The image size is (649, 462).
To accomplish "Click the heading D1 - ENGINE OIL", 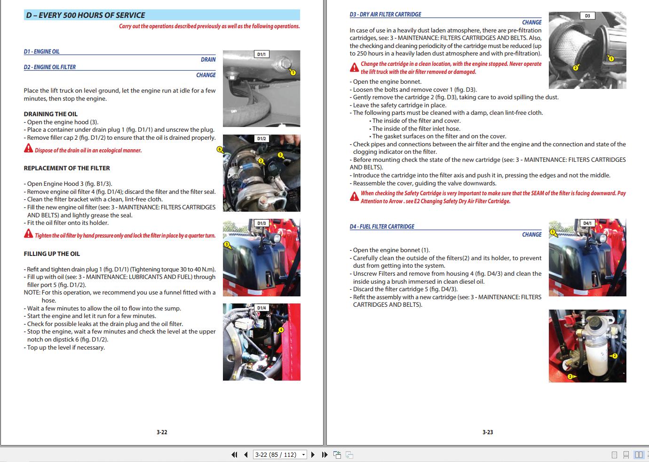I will click(42, 51).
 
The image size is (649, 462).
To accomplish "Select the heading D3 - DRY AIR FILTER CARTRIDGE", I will click(385, 15).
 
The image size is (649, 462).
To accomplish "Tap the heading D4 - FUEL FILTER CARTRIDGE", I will click(382, 226).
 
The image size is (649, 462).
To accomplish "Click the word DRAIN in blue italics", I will click(208, 59).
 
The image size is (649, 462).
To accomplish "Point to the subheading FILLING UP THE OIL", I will click(52, 254).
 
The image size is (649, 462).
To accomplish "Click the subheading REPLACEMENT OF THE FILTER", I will click(67, 168).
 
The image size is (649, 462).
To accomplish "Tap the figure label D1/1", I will click(261, 54).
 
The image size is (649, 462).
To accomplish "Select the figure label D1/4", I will click(261, 308).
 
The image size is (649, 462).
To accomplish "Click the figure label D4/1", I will click(587, 223).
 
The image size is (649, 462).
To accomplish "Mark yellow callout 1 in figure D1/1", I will click(293, 72).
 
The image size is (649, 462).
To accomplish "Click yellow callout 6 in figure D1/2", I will click(220, 149).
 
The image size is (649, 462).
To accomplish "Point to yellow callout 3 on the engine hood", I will click(227, 244).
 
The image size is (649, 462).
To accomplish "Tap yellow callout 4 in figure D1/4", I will click(281, 330).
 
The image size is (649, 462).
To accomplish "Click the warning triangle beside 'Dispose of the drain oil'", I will click(29, 149).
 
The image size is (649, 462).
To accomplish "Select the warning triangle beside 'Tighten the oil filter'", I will click(29, 234).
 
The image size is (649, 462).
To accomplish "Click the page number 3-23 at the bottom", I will click(488, 432).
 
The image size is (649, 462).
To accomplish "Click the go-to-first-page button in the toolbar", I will click(234, 454).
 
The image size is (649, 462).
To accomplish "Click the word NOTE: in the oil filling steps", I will click(32, 292).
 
